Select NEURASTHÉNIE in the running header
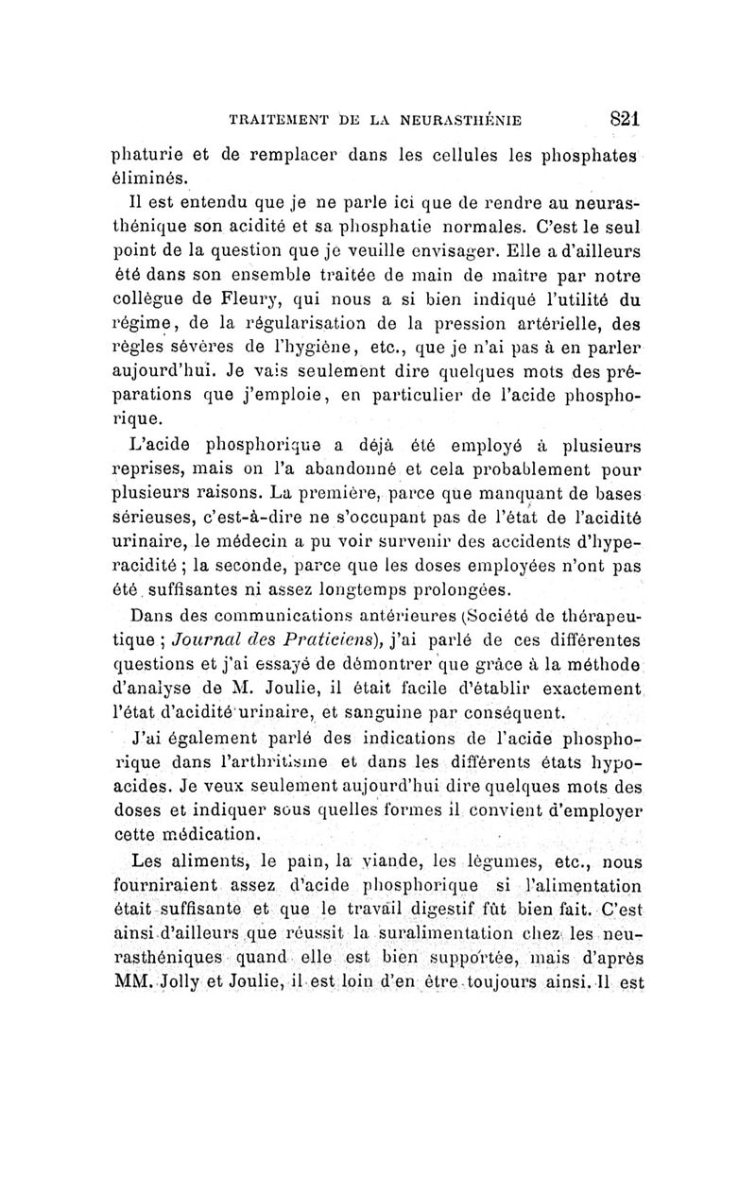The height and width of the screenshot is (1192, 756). click(472, 121)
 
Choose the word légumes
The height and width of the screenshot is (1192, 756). click(455, 861)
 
